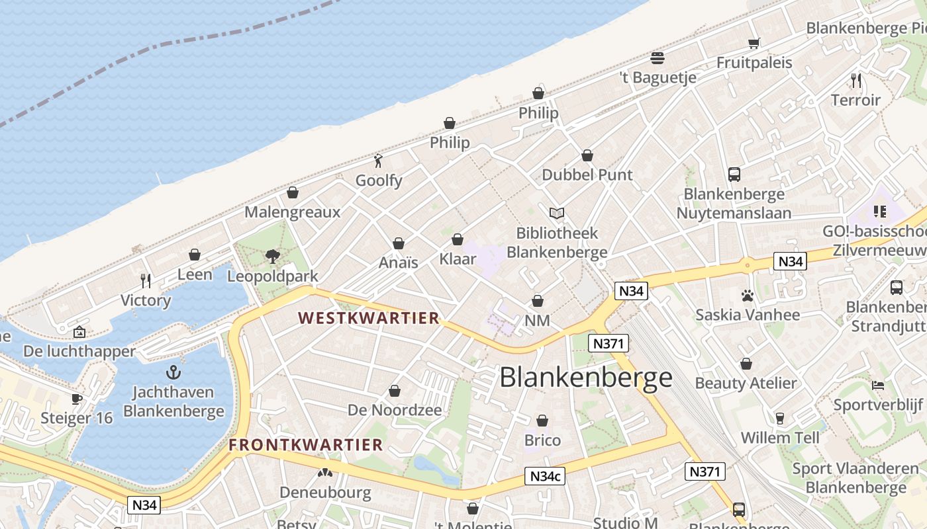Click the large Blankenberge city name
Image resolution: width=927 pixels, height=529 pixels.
point(585,378)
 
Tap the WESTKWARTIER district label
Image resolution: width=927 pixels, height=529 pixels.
point(369,318)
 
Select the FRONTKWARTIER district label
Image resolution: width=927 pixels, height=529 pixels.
point(306,445)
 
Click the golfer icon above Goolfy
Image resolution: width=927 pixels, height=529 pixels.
point(379,161)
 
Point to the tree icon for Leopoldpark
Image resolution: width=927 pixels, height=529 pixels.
point(272,257)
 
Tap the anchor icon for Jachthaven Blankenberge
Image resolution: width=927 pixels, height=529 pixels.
point(173,372)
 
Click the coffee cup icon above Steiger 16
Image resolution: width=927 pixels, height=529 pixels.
point(77,399)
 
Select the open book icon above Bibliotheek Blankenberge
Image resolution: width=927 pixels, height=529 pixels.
point(557,213)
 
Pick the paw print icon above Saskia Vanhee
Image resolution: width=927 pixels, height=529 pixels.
point(748,296)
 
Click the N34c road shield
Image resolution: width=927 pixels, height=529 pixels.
point(546,476)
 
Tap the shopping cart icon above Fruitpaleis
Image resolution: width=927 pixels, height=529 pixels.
point(754,44)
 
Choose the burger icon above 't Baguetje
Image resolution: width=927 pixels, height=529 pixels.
point(658,58)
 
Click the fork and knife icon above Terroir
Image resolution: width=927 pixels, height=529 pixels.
point(856,81)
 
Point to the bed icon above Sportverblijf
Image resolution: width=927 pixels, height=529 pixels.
point(877,385)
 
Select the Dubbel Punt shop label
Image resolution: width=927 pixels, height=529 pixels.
point(587,175)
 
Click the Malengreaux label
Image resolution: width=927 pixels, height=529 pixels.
point(292,212)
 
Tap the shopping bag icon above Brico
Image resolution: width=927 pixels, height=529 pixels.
point(542,421)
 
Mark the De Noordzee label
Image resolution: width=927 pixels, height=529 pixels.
point(395,410)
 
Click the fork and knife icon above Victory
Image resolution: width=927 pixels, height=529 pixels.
point(146,280)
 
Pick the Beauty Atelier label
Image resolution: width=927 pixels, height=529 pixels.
point(746,384)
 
